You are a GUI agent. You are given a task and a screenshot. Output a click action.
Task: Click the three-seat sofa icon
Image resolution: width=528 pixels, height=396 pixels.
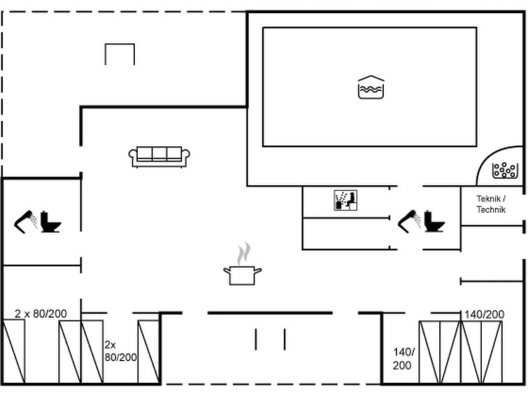[x=159, y=157]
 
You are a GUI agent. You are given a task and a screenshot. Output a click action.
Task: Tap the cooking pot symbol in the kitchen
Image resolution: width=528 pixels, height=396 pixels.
[x=243, y=275]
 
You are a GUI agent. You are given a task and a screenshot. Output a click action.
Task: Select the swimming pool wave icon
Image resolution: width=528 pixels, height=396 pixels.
[x=371, y=87]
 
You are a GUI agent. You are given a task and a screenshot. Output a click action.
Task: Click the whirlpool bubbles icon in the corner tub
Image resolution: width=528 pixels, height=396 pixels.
[x=504, y=170]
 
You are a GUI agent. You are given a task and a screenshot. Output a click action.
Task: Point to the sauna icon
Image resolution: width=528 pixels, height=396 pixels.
[x=345, y=200]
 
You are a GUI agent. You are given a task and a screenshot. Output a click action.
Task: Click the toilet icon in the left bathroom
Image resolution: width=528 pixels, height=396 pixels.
[x=51, y=222]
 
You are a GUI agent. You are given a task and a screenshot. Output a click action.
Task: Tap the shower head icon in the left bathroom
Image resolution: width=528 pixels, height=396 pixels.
[x=26, y=221]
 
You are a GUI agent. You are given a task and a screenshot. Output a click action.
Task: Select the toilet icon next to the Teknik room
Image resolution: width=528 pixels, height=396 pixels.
[x=434, y=221]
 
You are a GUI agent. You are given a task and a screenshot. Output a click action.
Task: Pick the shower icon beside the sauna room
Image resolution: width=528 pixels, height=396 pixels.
[x=410, y=221]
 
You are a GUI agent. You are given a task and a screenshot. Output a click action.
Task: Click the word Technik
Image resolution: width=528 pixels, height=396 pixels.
[x=491, y=210]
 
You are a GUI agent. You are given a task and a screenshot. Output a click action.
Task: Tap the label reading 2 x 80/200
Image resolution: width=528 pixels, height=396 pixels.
[x=41, y=313]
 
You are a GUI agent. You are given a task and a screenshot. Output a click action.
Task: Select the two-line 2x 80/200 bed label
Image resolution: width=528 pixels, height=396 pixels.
[x=120, y=351]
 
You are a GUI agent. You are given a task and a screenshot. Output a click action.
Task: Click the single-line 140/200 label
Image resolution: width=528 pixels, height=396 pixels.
[x=484, y=314]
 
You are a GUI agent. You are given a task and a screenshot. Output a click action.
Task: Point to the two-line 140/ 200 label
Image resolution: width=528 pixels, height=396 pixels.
[x=404, y=359]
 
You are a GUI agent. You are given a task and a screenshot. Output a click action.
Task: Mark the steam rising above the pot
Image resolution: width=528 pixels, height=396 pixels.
[x=244, y=253]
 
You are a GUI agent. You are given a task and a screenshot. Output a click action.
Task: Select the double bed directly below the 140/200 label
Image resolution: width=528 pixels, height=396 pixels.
[x=482, y=352]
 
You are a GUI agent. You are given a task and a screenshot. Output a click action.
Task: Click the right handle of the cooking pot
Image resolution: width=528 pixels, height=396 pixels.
[x=258, y=271]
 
